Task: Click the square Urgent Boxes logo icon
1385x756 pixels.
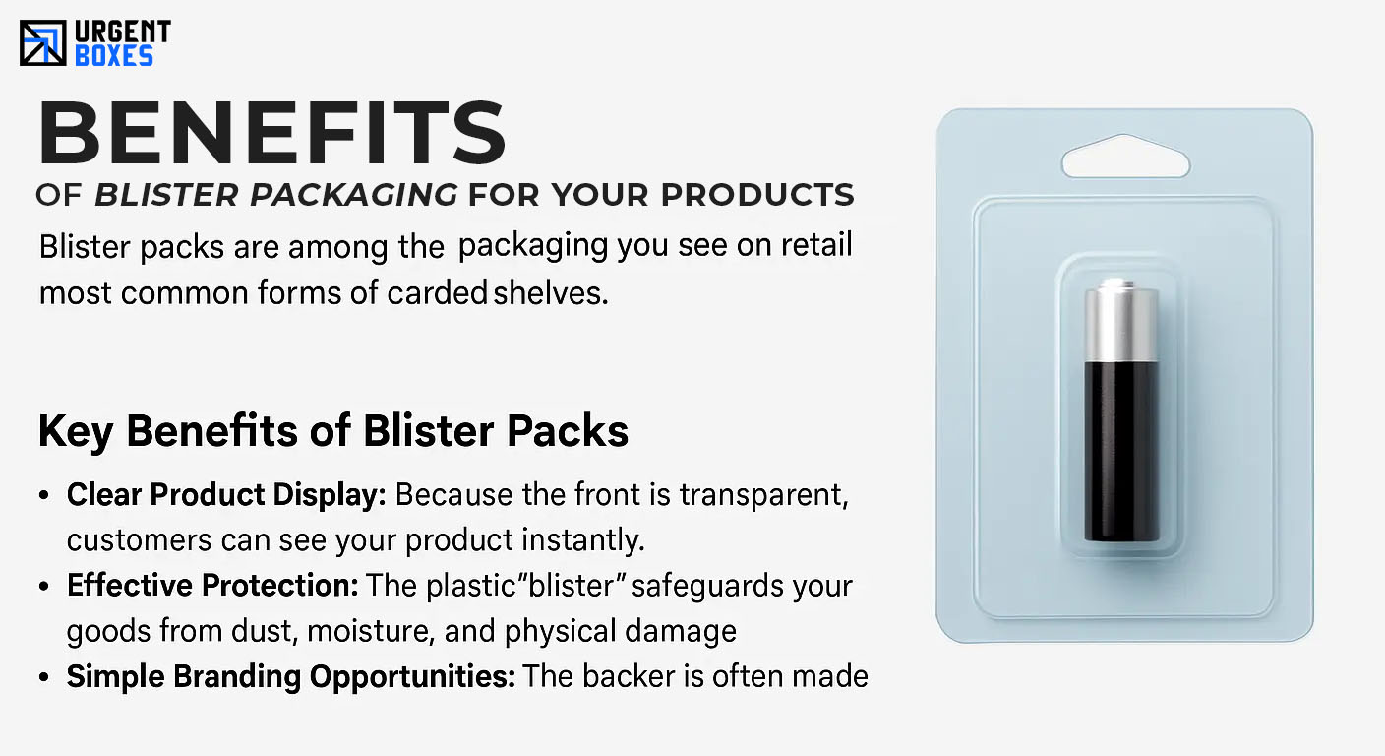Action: [x=42, y=42]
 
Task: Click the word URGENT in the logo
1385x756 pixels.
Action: [x=122, y=31]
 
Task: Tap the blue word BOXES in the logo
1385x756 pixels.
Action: [x=114, y=56]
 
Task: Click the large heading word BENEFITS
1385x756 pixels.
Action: [x=272, y=133]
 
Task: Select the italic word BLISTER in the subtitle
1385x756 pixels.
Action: [x=166, y=195]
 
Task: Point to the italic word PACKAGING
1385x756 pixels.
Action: [x=354, y=195]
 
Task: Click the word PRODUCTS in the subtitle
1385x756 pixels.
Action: [x=757, y=195]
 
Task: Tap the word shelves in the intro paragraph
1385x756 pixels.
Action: [x=550, y=292]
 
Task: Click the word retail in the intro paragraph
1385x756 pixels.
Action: [x=816, y=244]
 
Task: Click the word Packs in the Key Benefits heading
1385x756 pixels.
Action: [x=568, y=430]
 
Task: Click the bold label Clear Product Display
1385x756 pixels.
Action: [x=226, y=495]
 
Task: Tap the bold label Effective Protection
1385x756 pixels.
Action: [x=212, y=586]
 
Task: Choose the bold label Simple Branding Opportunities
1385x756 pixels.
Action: [x=290, y=676]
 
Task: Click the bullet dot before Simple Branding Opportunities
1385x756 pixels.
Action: [x=43, y=677]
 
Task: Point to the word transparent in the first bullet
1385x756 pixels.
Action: [x=764, y=495]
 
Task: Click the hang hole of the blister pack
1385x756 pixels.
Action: [x=1126, y=157]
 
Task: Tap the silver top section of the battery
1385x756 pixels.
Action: [x=1121, y=321]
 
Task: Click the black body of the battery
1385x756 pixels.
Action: [x=1121, y=452]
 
